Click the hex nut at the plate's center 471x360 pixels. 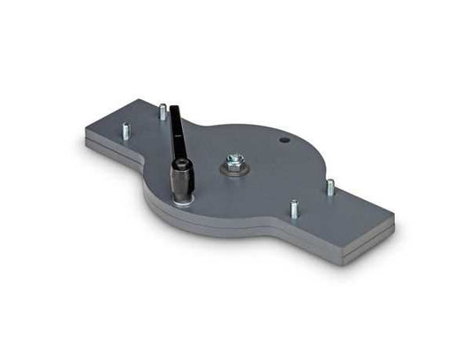coord(233,161)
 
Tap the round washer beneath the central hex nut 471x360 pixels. coord(233,169)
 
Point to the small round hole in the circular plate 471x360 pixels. coord(285,140)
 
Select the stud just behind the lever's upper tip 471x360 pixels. coord(163,111)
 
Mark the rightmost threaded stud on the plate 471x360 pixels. coord(330,188)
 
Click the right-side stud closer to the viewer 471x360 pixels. coord(294,209)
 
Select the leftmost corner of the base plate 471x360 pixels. coord(86,135)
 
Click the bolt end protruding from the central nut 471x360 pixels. coord(233,157)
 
